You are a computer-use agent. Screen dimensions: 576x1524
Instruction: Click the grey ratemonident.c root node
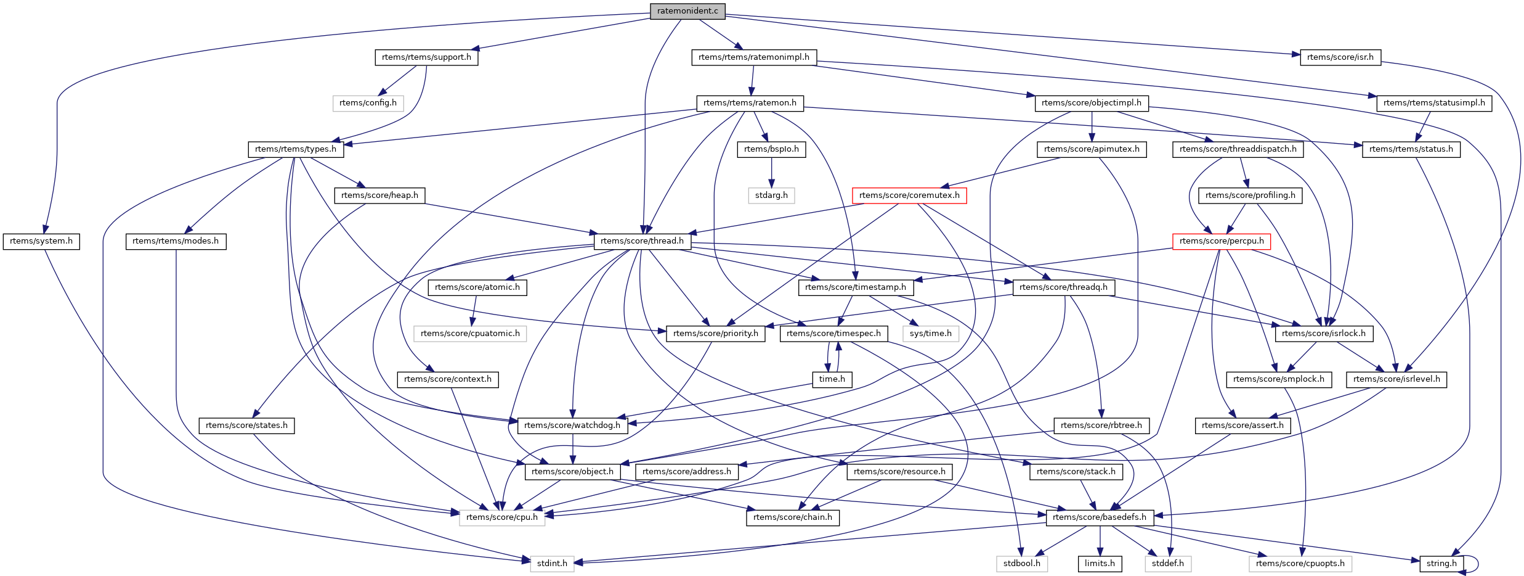click(687, 11)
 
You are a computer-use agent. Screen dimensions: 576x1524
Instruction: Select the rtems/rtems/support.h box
click(426, 57)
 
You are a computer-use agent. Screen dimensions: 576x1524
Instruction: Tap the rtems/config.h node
click(368, 103)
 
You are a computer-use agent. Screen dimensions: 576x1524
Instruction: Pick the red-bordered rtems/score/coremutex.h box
click(909, 195)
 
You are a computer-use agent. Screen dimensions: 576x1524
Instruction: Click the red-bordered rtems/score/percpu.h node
click(1222, 241)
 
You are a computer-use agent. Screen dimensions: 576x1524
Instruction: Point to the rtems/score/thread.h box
click(642, 241)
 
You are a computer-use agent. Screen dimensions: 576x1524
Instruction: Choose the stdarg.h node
click(771, 195)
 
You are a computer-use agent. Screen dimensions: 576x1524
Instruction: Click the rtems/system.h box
click(41, 241)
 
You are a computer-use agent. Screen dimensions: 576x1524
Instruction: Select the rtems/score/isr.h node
click(1340, 57)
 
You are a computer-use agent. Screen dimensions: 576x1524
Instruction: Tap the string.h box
click(1441, 564)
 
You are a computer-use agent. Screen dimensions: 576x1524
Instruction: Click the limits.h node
click(1100, 564)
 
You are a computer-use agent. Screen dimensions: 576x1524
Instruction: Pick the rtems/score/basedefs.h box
click(1100, 517)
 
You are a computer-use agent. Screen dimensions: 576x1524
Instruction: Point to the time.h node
click(832, 379)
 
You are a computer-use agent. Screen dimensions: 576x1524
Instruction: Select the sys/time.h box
click(931, 334)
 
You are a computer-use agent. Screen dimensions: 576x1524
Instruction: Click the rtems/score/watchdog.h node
click(572, 426)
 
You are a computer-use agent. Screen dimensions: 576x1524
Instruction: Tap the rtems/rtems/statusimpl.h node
click(1434, 103)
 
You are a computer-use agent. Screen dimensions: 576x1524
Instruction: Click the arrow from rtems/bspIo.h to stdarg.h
click(771, 172)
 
